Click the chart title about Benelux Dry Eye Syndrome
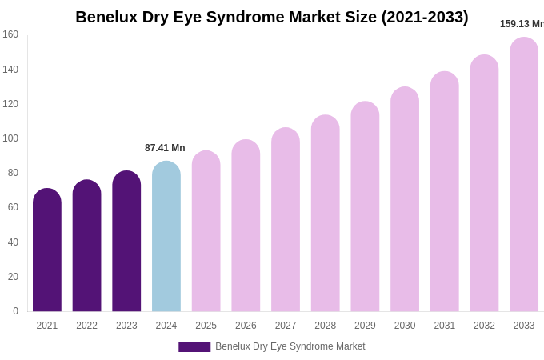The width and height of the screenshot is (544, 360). [x=272, y=17]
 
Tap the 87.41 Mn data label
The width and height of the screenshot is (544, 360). [x=165, y=148]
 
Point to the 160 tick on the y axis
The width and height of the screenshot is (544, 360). [x=10, y=34]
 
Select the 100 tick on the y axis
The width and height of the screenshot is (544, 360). [x=10, y=138]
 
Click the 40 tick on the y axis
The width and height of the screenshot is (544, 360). [x=13, y=242]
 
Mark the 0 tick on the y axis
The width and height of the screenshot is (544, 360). [x=15, y=311]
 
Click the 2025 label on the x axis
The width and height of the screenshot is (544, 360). [x=206, y=326]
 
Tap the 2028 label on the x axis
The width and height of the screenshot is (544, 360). [x=325, y=326]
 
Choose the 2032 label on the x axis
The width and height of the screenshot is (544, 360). [x=484, y=326]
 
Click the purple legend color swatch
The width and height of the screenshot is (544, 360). [x=194, y=347]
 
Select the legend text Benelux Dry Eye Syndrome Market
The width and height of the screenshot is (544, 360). [x=290, y=346]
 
